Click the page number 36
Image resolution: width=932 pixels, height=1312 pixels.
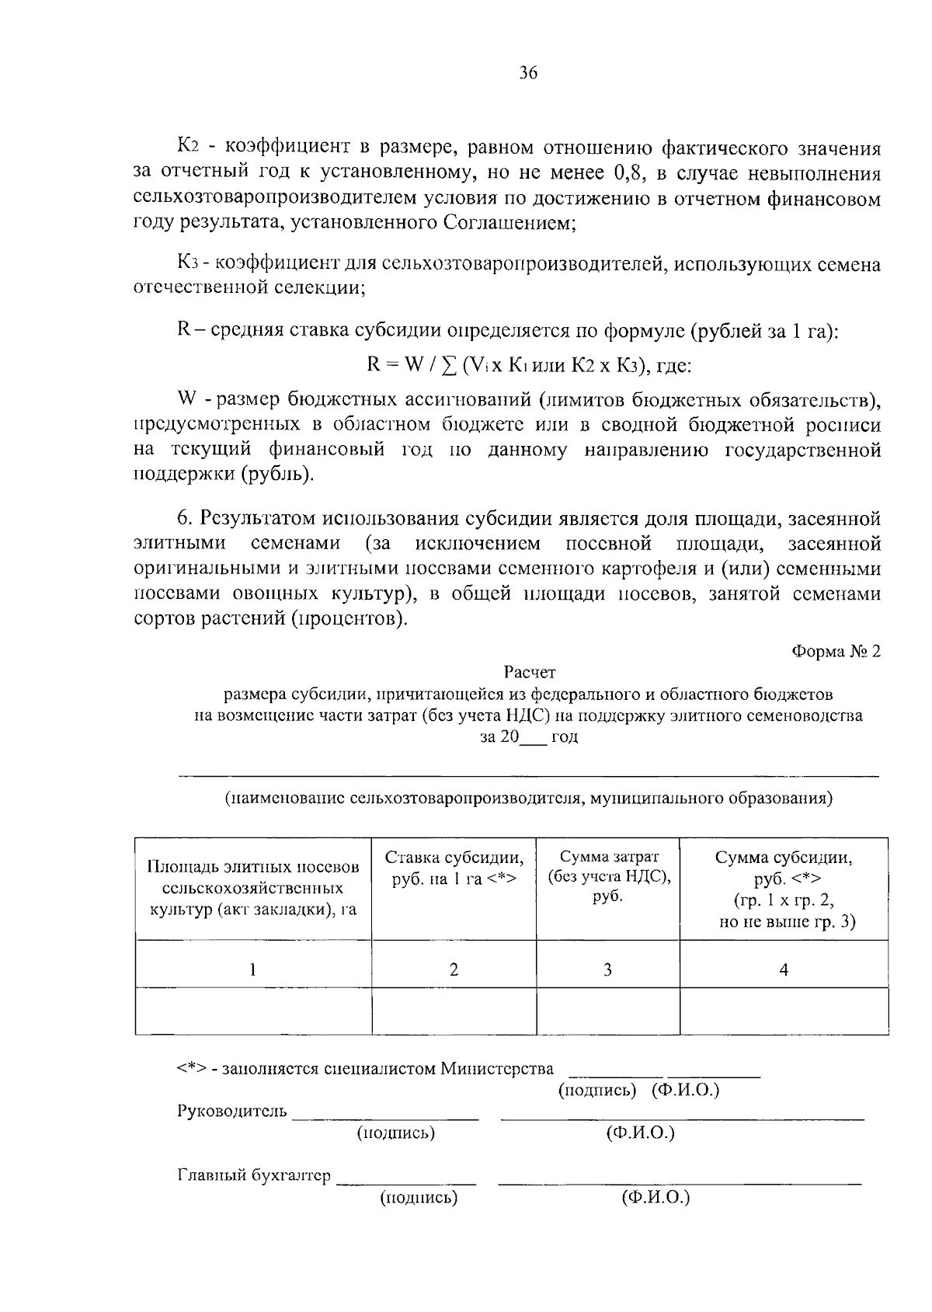coord(527,74)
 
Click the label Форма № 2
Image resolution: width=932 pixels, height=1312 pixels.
coord(836,651)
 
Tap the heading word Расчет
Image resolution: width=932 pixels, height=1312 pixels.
coord(529,671)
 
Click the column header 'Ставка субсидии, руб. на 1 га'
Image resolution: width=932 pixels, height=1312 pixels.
coord(454,868)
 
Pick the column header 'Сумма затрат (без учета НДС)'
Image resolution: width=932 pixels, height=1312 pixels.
coord(608,876)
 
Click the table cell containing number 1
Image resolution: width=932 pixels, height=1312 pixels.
coord(252,969)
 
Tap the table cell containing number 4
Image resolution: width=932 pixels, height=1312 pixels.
coord(784,969)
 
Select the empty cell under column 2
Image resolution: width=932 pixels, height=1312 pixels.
coord(454,1011)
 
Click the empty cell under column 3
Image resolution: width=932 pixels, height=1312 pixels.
coord(608,1011)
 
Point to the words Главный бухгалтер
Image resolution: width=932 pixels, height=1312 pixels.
coord(255,1175)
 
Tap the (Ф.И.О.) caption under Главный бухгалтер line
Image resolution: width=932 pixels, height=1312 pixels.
coord(656,1197)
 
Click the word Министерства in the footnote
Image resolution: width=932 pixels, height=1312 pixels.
coord(498,1069)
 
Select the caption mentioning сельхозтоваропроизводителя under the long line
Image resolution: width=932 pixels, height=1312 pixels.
coord(529,798)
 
